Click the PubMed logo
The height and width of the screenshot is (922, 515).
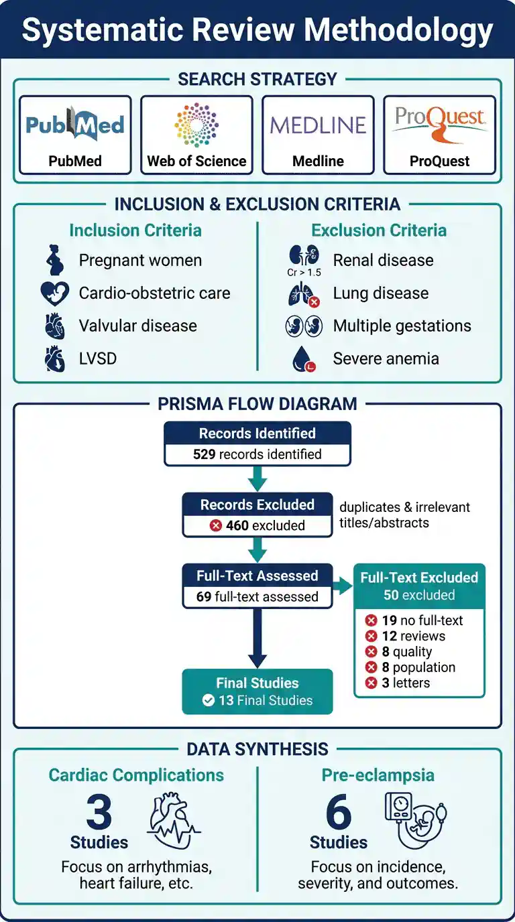pyautogui.click(x=75, y=123)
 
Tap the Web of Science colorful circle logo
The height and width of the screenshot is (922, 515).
pyautogui.click(x=196, y=125)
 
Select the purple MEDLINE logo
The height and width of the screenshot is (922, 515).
pyautogui.click(x=318, y=125)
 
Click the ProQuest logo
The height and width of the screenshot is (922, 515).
pyautogui.click(x=440, y=123)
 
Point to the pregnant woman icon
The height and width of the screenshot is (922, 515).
pyautogui.click(x=55, y=260)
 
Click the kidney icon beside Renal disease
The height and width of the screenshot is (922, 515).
pyautogui.click(x=304, y=255)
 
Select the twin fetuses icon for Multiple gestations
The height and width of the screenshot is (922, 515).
pyautogui.click(x=304, y=326)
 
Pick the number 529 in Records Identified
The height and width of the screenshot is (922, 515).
pyautogui.click(x=205, y=454)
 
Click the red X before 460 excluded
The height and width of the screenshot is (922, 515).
pyautogui.click(x=215, y=525)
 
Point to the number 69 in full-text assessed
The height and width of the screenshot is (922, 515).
pyautogui.click(x=204, y=596)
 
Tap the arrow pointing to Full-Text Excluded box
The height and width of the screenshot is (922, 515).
pyautogui.click(x=343, y=586)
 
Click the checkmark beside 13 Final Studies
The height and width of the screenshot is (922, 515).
pyautogui.click(x=209, y=700)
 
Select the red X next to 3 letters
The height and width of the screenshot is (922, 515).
pyautogui.click(x=371, y=683)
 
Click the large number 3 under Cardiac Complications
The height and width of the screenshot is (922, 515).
pyautogui.click(x=99, y=811)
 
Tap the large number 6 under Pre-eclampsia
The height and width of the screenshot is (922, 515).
pyautogui.click(x=339, y=811)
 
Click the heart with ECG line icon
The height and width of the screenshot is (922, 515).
pyautogui.click(x=173, y=821)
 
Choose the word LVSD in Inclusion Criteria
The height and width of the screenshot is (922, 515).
pyautogui.click(x=98, y=358)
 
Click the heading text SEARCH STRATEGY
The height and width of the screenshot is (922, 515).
pyautogui.click(x=257, y=79)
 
